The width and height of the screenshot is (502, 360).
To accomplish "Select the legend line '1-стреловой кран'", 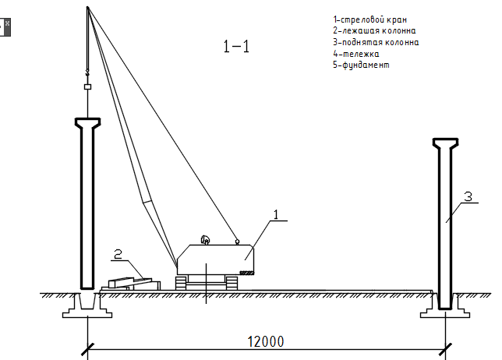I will point(369,19).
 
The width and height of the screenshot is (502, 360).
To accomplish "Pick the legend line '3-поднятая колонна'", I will point(376,42).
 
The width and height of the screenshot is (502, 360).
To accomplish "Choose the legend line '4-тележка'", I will point(356,54).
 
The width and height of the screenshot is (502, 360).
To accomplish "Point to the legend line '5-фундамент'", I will point(361,65).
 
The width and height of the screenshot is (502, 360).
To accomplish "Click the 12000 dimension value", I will point(266,341).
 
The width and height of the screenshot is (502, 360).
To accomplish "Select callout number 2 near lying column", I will point(117,253).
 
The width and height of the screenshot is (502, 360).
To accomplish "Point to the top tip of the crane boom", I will point(88,7).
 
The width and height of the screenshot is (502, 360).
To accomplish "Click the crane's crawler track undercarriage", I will point(207,283).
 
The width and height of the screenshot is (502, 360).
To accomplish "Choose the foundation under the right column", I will point(446,308).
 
